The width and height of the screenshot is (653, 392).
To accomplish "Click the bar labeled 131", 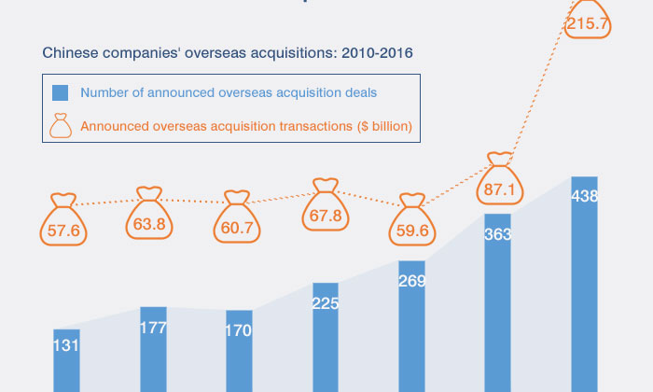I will click(66, 360).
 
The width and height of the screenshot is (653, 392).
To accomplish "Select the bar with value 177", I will click(153, 349).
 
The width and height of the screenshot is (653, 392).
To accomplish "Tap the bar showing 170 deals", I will click(239, 351).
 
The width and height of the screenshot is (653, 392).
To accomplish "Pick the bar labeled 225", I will click(326, 337).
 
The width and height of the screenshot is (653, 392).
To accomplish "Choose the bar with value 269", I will click(411, 327).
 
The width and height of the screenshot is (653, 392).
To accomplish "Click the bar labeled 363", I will click(497, 302).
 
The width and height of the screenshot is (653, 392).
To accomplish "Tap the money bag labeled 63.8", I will click(151, 217).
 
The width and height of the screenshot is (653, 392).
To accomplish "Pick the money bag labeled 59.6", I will click(411, 221).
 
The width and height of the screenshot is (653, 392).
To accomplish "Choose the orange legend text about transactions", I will click(246, 124).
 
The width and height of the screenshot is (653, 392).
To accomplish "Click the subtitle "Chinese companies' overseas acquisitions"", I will click(228, 53).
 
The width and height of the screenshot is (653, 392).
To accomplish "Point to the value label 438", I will click(585, 196).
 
